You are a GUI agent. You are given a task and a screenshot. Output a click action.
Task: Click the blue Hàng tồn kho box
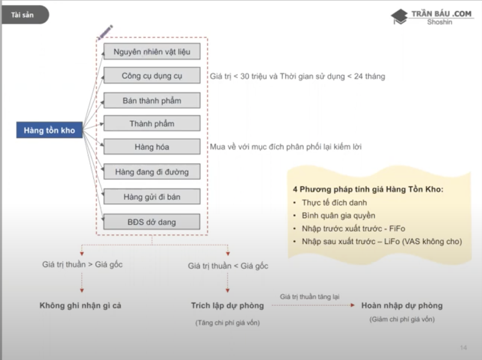(49, 130)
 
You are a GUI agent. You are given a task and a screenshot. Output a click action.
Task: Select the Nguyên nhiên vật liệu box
(152, 51)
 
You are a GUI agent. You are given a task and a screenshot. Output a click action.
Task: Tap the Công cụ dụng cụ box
(152, 75)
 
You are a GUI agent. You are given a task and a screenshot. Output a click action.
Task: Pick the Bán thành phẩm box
(152, 100)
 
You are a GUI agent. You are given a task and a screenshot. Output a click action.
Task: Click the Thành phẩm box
(152, 123)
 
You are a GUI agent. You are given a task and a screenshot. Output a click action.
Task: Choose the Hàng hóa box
(152, 147)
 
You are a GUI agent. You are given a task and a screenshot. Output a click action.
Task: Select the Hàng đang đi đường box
(152, 172)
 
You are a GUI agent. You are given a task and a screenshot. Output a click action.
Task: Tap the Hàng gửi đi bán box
(152, 197)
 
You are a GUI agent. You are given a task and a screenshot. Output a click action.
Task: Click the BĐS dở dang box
(152, 222)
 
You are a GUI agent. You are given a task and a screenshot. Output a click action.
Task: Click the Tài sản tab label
(22, 15)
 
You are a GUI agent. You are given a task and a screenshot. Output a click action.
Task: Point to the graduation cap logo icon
(399, 17)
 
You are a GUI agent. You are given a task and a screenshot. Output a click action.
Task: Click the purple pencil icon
(105, 33)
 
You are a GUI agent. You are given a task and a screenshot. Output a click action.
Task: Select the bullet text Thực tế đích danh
(334, 203)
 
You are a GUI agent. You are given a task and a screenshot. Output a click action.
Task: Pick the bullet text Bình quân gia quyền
(338, 215)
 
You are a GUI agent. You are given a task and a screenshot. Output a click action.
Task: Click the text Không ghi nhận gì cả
(80, 306)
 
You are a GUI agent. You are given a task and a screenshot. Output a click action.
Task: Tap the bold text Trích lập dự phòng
(227, 306)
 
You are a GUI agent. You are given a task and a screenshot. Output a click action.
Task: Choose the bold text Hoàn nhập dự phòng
(402, 306)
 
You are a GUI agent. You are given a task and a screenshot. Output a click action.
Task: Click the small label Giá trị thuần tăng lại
(309, 297)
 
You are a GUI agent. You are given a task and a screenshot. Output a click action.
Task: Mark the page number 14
(463, 348)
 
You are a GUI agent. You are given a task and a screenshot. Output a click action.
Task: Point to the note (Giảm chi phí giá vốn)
(402, 319)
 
